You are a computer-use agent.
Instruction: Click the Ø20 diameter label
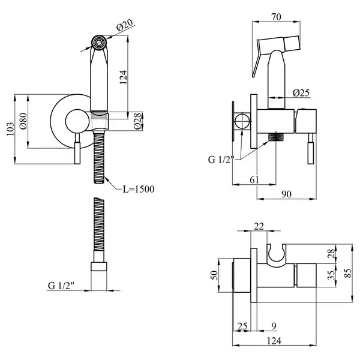[x=125, y=25]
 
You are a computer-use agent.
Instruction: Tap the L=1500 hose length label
[x=139, y=189]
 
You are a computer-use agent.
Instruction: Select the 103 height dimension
[x=10, y=129]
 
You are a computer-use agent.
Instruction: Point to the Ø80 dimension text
[x=23, y=121]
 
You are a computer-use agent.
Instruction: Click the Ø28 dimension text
[x=137, y=121]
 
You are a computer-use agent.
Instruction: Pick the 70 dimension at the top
[x=276, y=17]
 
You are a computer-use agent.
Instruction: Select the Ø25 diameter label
[x=301, y=93]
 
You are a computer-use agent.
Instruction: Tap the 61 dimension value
[x=254, y=180]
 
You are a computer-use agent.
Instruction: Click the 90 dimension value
[x=286, y=194]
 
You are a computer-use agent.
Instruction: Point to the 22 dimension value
[x=259, y=226]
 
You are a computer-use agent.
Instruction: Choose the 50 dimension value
[x=214, y=275]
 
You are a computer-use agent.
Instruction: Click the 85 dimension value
[x=348, y=273]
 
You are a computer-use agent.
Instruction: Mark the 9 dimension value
[x=274, y=326]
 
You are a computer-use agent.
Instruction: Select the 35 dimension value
[x=331, y=275]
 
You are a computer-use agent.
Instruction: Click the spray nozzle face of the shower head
[x=99, y=42]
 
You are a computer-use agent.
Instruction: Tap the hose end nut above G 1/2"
[x=99, y=266]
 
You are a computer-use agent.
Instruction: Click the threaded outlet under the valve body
[x=276, y=137]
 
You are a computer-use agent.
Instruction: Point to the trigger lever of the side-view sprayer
[x=257, y=59]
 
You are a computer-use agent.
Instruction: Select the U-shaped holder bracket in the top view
[x=277, y=256]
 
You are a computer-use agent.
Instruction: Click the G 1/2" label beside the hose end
[x=61, y=286]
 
